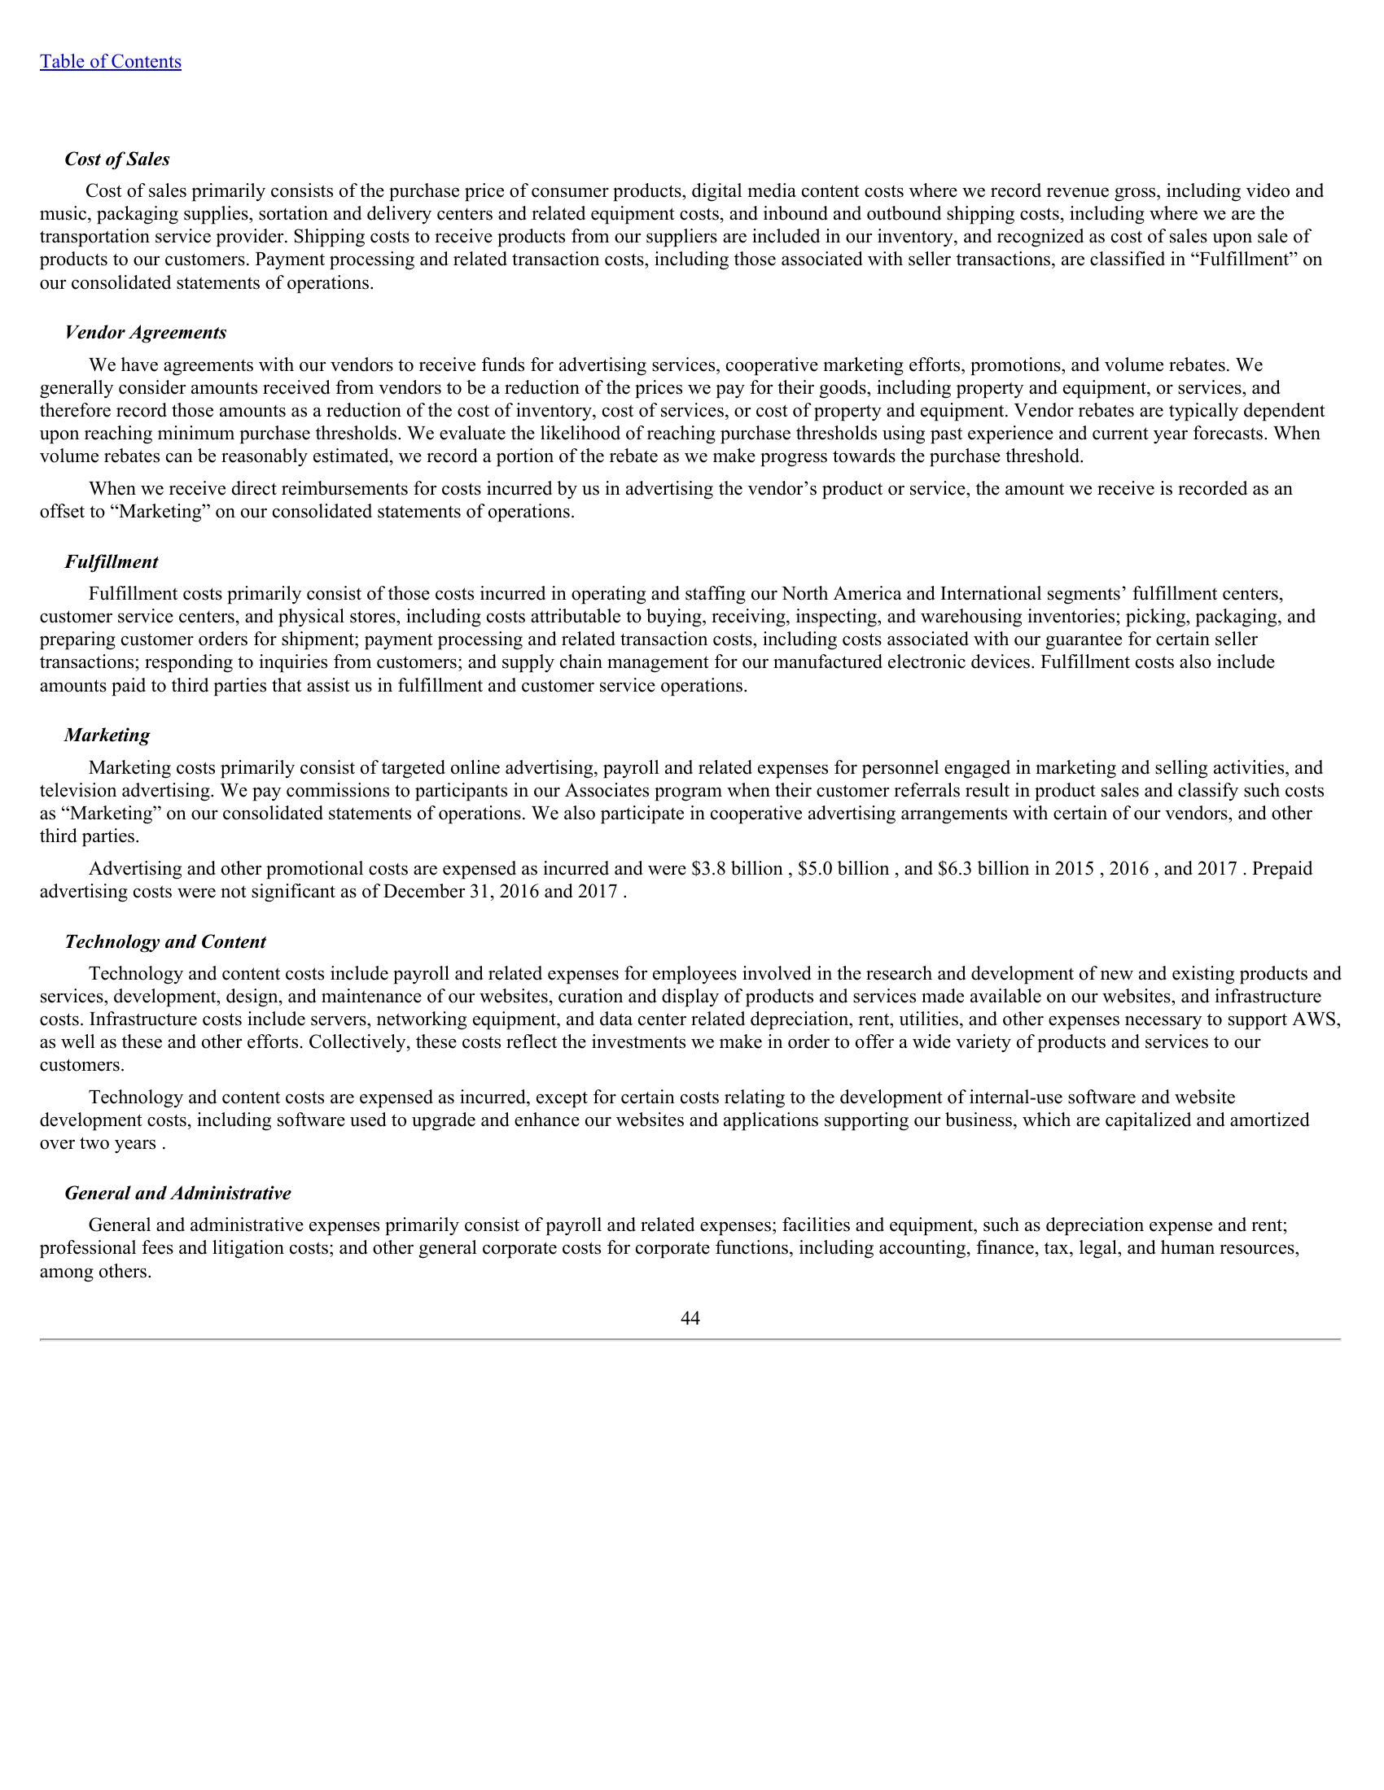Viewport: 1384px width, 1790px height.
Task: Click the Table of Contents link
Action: pyautogui.click(x=111, y=62)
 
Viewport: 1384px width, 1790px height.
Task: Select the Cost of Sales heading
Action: pyautogui.click(x=117, y=159)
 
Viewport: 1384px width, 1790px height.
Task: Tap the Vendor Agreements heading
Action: pyautogui.click(x=145, y=332)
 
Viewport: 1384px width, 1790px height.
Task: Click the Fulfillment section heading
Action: pyautogui.click(x=111, y=561)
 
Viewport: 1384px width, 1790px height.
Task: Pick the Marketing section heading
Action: pyautogui.click(x=107, y=736)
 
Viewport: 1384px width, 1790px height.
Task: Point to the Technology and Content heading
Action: pyautogui.click(x=164, y=941)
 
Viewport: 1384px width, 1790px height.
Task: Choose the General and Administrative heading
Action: pyautogui.click(x=177, y=1194)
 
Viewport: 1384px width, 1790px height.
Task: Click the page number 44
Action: pyautogui.click(x=690, y=1318)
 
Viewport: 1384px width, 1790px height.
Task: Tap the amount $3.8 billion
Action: pyautogui.click(x=736, y=869)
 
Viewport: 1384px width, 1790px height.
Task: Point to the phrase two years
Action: pyautogui.click(x=117, y=1143)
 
